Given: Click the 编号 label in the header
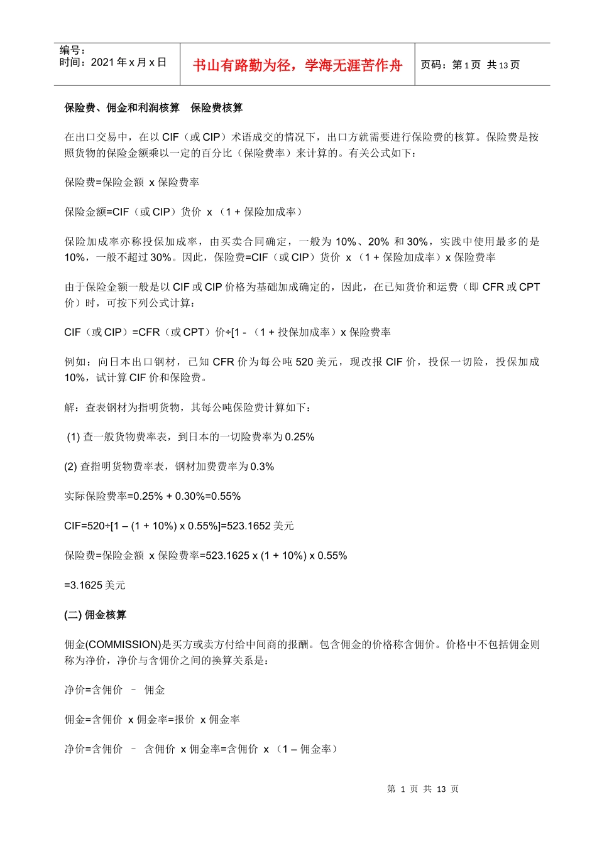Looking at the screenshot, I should click(x=72, y=50).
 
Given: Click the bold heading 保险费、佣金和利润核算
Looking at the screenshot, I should click(x=122, y=108).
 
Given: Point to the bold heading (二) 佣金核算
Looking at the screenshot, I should click(x=96, y=615).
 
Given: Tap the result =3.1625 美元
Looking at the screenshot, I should click(x=95, y=585).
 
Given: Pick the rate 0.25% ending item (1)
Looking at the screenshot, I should click(x=300, y=437).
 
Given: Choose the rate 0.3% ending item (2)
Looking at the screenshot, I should click(x=262, y=467).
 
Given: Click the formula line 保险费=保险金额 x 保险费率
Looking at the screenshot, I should click(x=132, y=182).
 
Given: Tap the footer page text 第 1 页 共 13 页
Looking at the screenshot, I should click(x=423, y=789).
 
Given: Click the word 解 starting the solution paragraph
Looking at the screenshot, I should click(x=69, y=408).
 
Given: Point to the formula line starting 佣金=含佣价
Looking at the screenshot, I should click(x=152, y=719).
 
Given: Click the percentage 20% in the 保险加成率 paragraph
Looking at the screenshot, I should click(x=379, y=242).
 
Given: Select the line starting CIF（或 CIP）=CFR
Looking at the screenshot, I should click(x=227, y=332).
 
